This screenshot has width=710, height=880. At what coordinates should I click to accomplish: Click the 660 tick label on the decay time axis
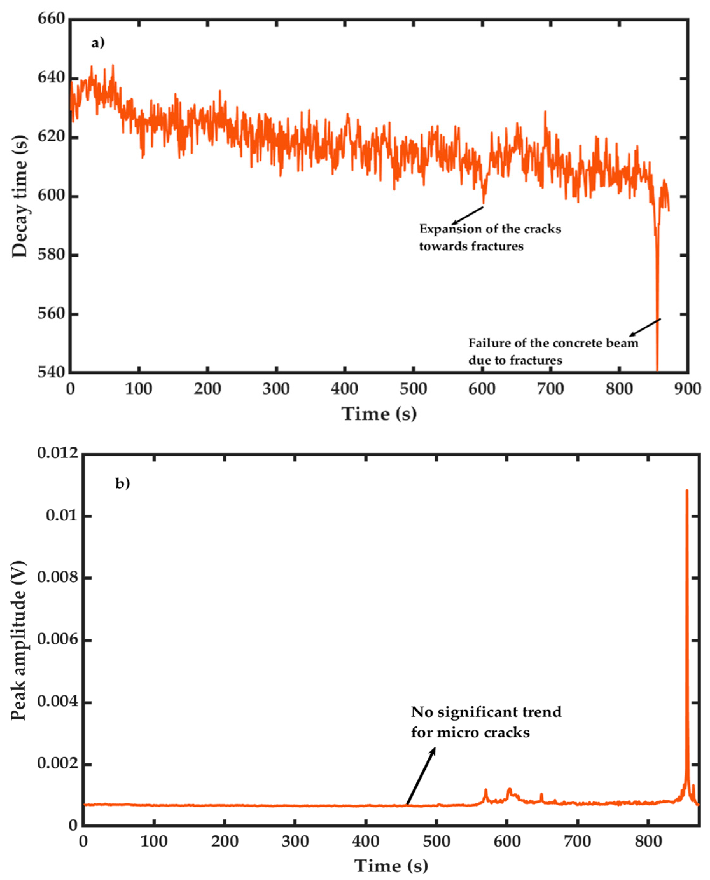[51, 19]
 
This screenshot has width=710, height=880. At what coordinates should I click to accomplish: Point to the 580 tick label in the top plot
[51, 255]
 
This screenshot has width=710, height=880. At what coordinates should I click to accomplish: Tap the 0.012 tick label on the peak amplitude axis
[57, 453]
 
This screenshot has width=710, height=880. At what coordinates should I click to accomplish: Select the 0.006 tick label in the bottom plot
[57, 640]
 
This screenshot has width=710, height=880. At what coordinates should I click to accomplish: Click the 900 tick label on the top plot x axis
[687, 389]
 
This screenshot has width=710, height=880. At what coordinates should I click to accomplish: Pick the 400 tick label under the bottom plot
[365, 841]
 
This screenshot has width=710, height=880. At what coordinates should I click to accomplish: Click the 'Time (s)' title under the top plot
[379, 414]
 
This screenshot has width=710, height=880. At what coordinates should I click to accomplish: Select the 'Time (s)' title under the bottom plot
[391, 866]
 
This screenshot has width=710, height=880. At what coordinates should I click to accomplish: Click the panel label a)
[98, 43]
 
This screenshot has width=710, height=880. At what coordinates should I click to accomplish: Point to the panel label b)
[122, 484]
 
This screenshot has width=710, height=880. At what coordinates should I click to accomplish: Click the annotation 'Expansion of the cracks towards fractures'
[490, 237]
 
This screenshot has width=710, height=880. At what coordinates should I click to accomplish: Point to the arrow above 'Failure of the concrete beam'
[644, 327]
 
